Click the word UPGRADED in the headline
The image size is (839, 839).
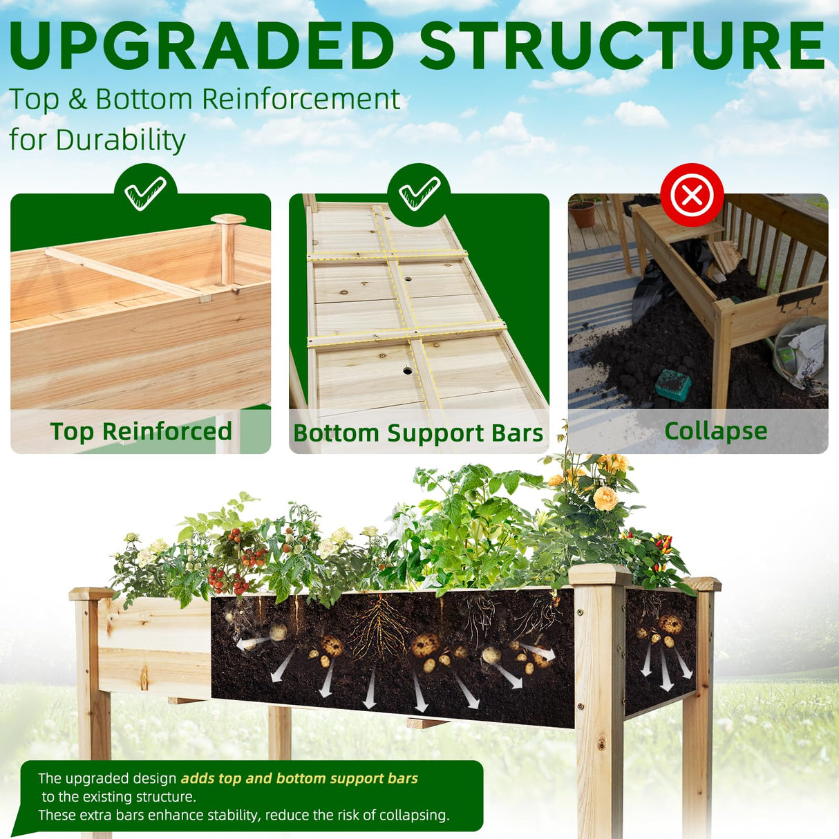tap(200, 46)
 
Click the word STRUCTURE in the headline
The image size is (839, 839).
tap(622, 46)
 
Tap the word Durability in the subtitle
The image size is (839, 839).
tap(121, 140)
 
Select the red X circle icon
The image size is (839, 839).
tap(692, 195)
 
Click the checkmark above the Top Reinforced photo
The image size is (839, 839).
tap(145, 194)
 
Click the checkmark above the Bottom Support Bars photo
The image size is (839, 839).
tap(419, 194)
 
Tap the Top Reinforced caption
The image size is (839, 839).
tap(141, 431)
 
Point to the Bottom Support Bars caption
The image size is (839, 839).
tap(418, 433)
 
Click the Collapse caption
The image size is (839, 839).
tap(715, 431)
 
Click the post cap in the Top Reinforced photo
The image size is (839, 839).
tap(228, 220)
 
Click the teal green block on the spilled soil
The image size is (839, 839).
tap(672, 385)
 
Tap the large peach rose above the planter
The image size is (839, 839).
tap(605, 498)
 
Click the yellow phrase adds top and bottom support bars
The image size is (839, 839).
tap(299, 778)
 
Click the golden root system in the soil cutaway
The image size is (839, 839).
tap(377, 629)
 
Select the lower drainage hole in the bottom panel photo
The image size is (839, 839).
tap(408, 371)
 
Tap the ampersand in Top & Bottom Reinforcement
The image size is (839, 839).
tap(77, 100)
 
